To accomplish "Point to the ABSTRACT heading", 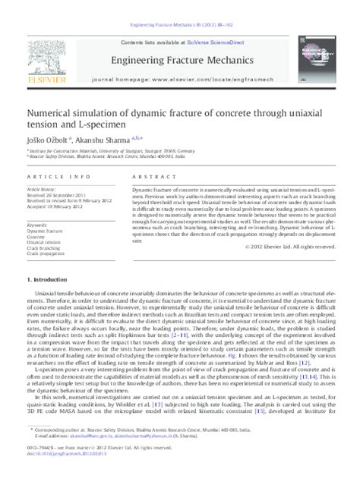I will pyautogui.click(x=150, y=175).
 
